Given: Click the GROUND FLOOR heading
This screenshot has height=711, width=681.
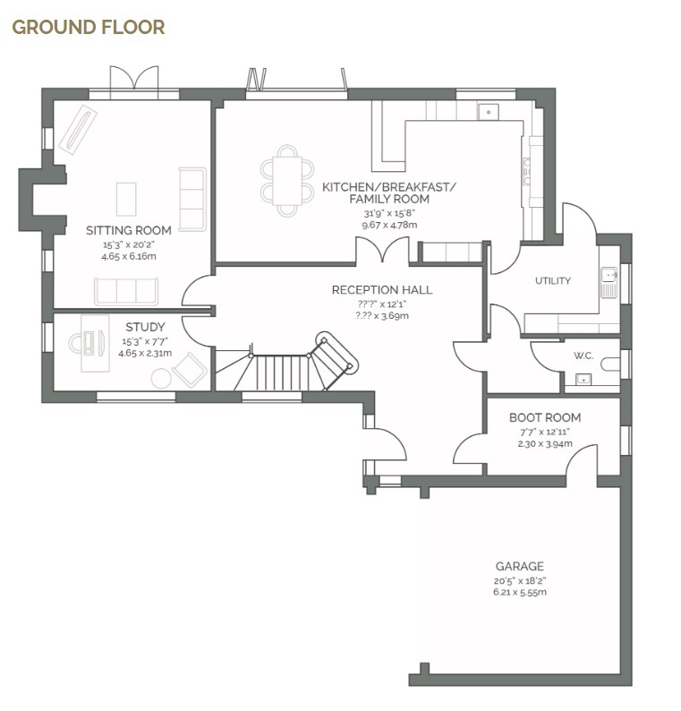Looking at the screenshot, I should (88, 27).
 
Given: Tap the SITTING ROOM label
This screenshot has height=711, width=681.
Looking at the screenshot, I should (128, 231).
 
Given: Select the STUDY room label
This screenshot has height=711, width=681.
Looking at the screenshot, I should (144, 328).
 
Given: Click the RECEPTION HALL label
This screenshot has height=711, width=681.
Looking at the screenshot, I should (381, 290).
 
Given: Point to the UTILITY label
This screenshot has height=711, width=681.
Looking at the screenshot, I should (552, 281).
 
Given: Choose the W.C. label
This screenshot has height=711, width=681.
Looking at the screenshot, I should (583, 356).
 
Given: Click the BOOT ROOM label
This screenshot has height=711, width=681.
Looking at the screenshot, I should (544, 418).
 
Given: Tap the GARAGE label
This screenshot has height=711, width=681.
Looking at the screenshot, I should (519, 567).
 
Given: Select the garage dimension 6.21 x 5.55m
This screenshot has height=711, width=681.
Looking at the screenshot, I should (519, 592).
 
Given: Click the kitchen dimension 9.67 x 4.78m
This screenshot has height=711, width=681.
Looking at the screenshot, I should (388, 226).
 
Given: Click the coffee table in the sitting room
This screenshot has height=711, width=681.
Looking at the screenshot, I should (127, 199).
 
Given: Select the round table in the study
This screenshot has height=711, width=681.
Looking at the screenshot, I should (161, 378).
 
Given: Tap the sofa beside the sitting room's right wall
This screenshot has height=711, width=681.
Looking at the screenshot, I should (192, 199).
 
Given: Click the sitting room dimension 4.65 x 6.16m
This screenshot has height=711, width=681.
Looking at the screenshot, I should (128, 256).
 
